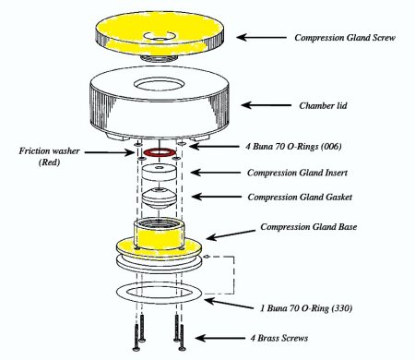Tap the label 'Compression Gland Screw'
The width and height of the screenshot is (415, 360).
click(x=345, y=38)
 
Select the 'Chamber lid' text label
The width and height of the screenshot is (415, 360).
click(x=323, y=105)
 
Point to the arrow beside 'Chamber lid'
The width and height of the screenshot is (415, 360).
click(x=267, y=105)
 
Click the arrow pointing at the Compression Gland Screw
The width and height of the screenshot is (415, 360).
click(x=261, y=37)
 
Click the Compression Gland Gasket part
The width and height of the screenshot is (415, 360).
click(x=159, y=198)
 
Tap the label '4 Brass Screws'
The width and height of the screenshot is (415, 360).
click(x=279, y=338)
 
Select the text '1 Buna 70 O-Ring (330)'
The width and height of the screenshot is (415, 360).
click(x=306, y=308)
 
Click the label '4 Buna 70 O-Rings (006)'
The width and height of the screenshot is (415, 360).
click(x=293, y=146)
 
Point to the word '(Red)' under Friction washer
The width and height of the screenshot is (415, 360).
click(x=49, y=162)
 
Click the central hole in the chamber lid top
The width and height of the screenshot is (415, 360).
click(x=160, y=84)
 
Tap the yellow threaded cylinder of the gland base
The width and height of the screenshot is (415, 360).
click(x=159, y=234)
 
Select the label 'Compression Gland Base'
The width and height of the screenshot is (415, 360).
click(x=309, y=227)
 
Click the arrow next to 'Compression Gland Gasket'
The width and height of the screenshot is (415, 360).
click(x=217, y=197)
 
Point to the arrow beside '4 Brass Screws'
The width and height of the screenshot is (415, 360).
click(x=220, y=338)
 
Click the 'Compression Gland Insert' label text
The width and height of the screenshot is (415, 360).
click(x=297, y=173)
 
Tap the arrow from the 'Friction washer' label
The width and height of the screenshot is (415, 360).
click(x=110, y=152)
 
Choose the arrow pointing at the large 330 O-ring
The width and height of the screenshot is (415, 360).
click(x=229, y=304)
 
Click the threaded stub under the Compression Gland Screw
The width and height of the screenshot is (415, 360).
click(x=160, y=58)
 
